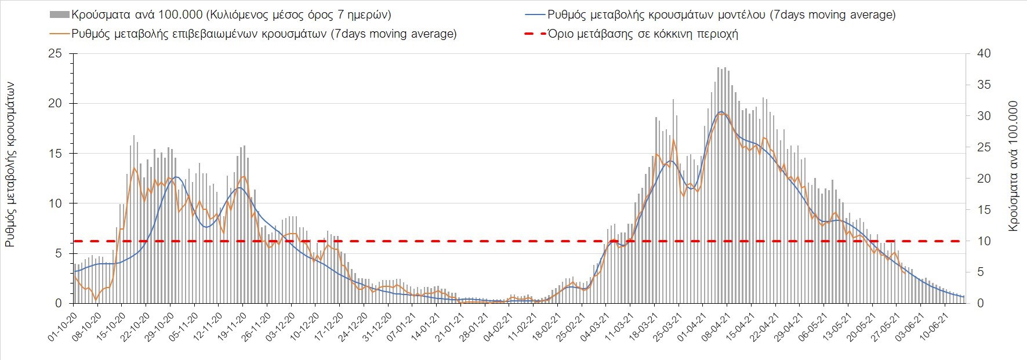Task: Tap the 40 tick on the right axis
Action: tap(984, 54)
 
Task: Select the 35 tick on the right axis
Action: tap(984, 85)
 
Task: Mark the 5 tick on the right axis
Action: tap(981, 272)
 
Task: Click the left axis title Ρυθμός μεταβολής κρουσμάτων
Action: tap(10, 165)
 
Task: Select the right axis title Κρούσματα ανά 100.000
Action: tap(1013, 166)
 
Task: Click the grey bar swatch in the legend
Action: tap(60, 15)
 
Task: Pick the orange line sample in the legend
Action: tap(60, 34)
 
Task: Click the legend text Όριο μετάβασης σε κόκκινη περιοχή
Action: tap(643, 34)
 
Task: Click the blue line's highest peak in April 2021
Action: tap(720, 111)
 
